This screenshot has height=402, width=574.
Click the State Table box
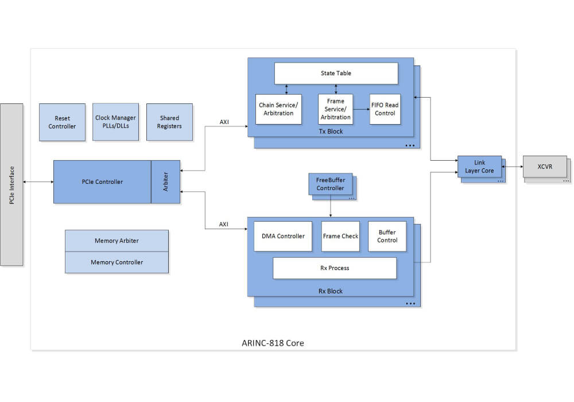pos(336,74)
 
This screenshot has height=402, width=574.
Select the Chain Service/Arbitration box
pos(278,109)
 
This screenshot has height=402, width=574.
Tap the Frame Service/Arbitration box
pos(336,109)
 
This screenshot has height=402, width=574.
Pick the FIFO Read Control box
pos(385,109)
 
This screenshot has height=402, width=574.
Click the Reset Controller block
pos(62,122)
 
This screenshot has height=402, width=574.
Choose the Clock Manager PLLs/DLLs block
pos(115,122)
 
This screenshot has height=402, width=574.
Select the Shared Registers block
pos(169,122)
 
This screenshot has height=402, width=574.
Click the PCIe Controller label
pos(102,182)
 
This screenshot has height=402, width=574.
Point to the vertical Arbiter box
pos(166,182)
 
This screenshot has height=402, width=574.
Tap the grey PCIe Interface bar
pos(11,184)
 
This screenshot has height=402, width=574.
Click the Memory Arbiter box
pos(117,241)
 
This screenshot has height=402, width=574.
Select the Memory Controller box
pos(117,262)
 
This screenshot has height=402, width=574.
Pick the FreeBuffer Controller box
pos(330,184)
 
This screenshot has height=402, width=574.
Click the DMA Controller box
pos(283,236)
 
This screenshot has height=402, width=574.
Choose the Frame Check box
pos(340,236)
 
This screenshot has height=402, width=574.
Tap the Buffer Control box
pos(387,236)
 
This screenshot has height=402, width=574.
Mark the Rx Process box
pos(335,268)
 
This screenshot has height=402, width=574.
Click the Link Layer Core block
pos(479,167)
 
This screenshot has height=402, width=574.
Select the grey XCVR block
pos(545,167)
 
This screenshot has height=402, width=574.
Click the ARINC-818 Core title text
pos(273,343)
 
